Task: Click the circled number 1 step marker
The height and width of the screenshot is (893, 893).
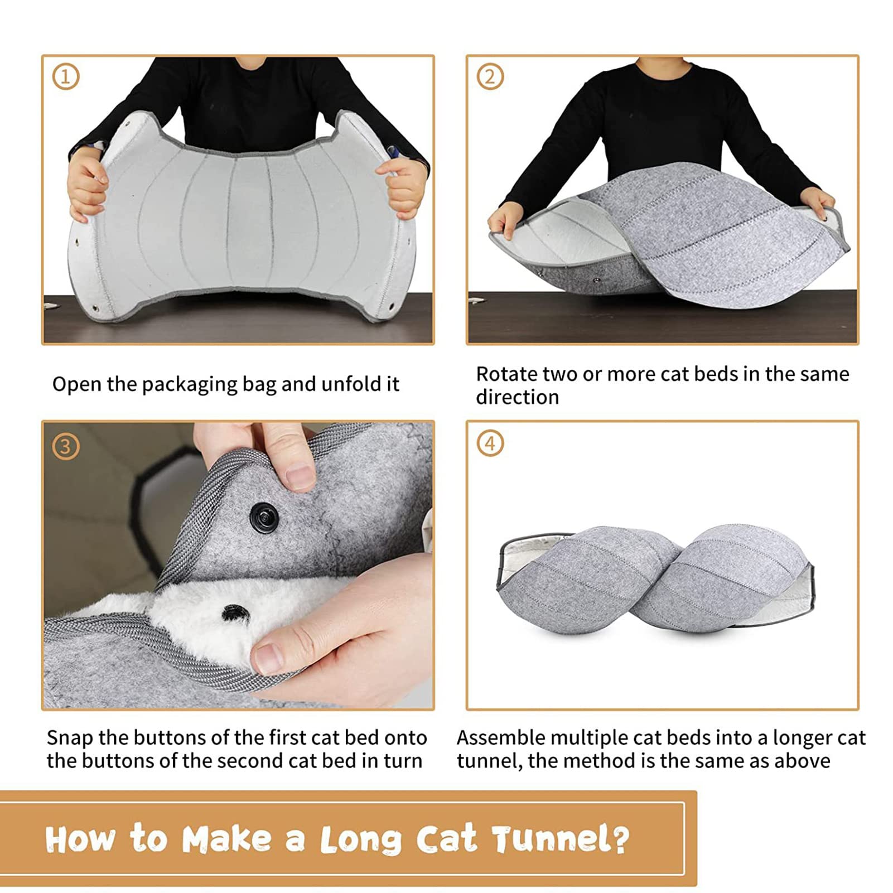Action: pos(66,77)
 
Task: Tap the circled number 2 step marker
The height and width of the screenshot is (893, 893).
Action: pos(490,77)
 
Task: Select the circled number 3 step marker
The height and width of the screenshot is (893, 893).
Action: pos(66,447)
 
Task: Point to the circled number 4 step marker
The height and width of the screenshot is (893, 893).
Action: pos(490,444)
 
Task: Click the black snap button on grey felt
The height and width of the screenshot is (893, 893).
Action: pos(263,515)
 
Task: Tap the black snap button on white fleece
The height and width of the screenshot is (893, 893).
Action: pos(233,612)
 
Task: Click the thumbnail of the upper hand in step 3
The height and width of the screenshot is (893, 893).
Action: pos(301,477)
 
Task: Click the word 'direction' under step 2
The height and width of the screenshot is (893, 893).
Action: pos(517,397)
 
